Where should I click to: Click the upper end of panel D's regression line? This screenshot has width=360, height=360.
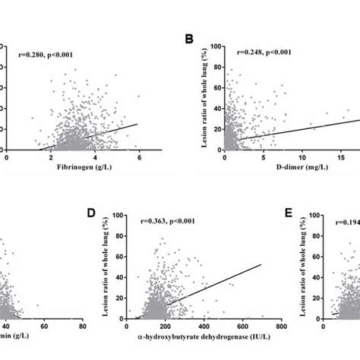pyautogui.click(x=261, y=264)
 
